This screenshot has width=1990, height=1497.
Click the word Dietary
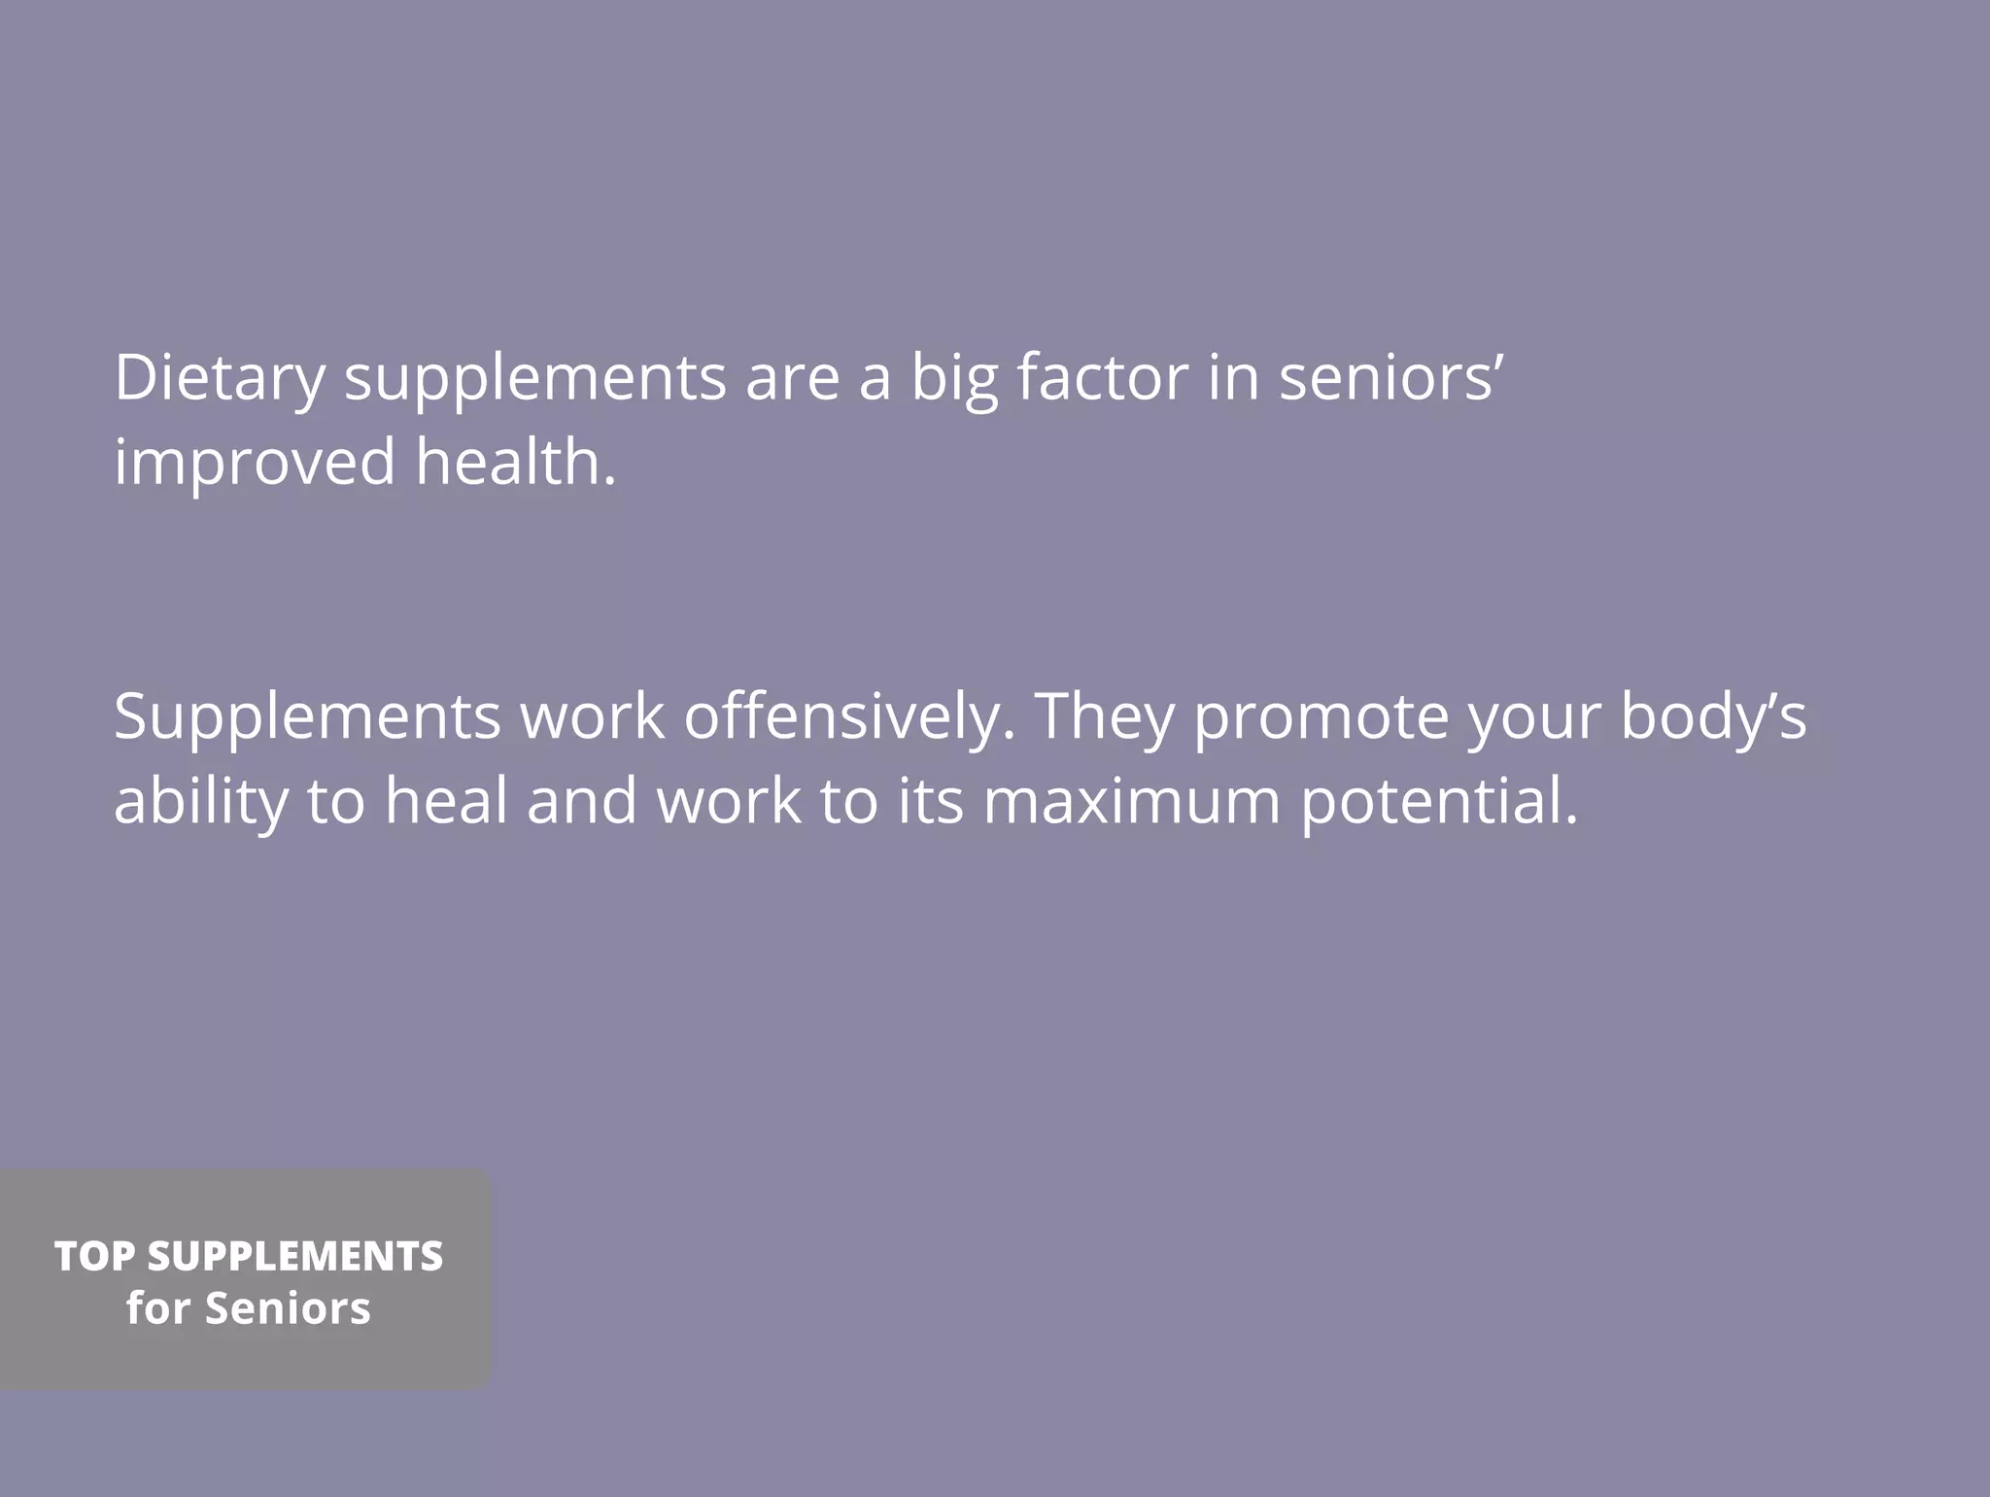220,377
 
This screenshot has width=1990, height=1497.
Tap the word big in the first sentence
953,377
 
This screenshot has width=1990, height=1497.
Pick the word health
516,462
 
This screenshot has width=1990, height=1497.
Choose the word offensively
850,717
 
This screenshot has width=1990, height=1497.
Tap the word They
1104,717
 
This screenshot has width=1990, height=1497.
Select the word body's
1713,717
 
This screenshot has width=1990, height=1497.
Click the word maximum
1132,802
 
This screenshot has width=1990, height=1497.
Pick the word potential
1439,802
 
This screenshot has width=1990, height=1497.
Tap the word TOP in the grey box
94,1256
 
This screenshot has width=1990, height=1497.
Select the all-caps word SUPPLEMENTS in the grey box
295,1256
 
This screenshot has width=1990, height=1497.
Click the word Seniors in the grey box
288,1308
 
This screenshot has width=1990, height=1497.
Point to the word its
930,802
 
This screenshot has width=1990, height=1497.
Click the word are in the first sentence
792,377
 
